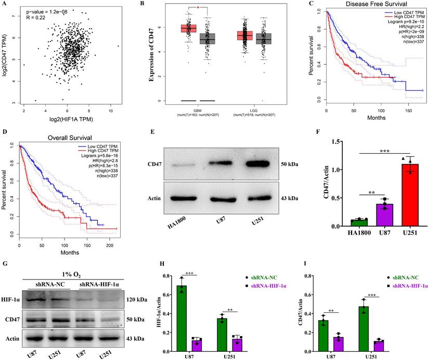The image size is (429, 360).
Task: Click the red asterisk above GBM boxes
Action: (x=198, y=9)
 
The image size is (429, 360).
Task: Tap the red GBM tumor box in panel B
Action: (x=188, y=28)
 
